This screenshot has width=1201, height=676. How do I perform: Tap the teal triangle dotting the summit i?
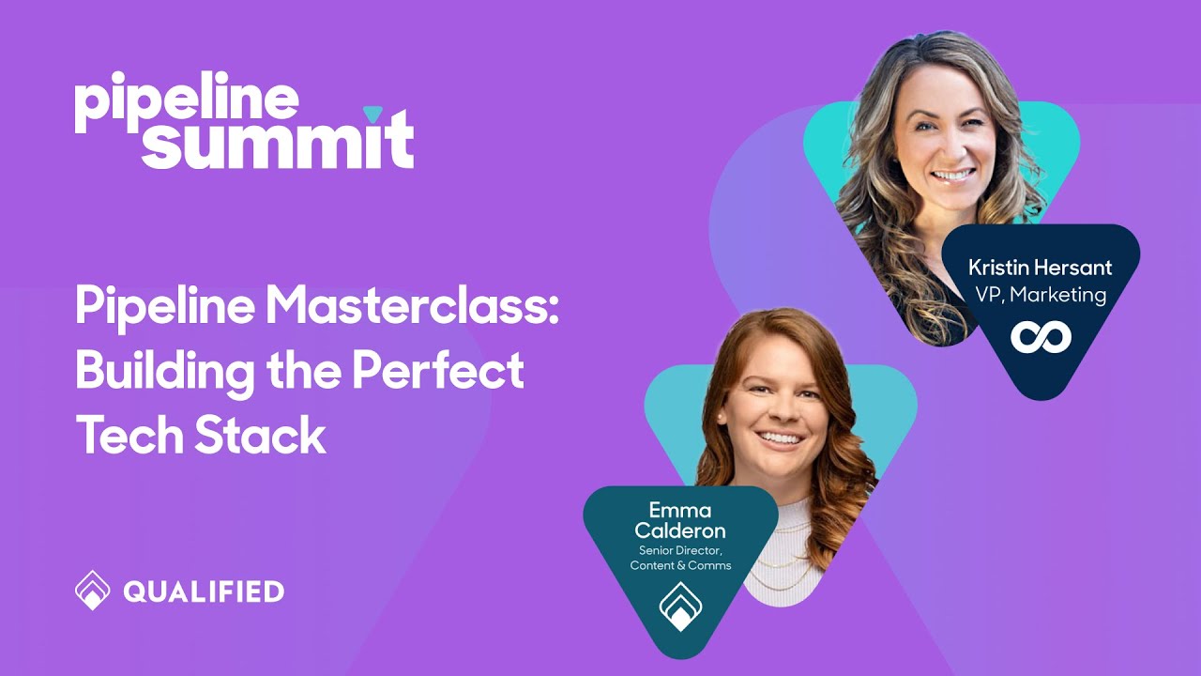pos(373,115)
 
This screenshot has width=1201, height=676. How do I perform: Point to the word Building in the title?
pos(164,372)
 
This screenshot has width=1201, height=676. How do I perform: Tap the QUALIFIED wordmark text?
pos(204,591)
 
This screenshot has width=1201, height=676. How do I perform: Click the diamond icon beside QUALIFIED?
pos(92,591)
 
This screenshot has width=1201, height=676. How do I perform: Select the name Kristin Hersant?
pos(1040,268)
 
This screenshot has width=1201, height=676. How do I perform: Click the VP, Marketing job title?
pos(1040,295)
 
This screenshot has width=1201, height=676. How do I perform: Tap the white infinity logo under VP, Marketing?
pos(1041,336)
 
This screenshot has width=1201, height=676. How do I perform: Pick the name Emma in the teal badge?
pos(680,511)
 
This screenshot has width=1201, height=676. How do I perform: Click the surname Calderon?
pos(680,531)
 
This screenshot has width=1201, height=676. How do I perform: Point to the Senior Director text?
pos(680,550)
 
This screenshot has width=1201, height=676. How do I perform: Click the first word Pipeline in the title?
pos(161,306)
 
